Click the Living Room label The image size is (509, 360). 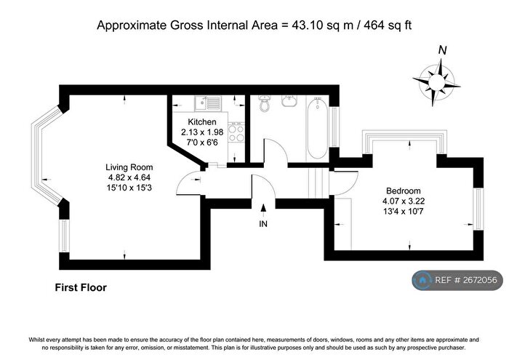pos(129,167)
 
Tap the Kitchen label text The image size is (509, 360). pos(202,121)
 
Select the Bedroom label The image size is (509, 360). pos(403,191)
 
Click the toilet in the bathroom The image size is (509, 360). pos(265,103)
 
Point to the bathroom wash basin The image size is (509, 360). pos(289,101)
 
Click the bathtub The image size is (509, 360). pos(317,128)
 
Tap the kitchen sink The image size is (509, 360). pos(208,103)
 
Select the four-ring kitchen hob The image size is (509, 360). pos(236,132)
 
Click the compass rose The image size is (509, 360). pos(436,81)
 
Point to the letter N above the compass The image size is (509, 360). pos(442,50)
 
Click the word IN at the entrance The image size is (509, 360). pos(263,224)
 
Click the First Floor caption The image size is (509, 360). pos(81,287)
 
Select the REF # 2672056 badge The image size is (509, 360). pos(457,280)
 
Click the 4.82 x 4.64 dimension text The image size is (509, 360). pos(129,177)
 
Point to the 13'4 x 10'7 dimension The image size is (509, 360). pos(403,212)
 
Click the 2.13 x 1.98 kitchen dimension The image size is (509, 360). pos(202,132)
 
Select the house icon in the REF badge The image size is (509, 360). pos(422,280)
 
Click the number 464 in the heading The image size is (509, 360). pos(374,25)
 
